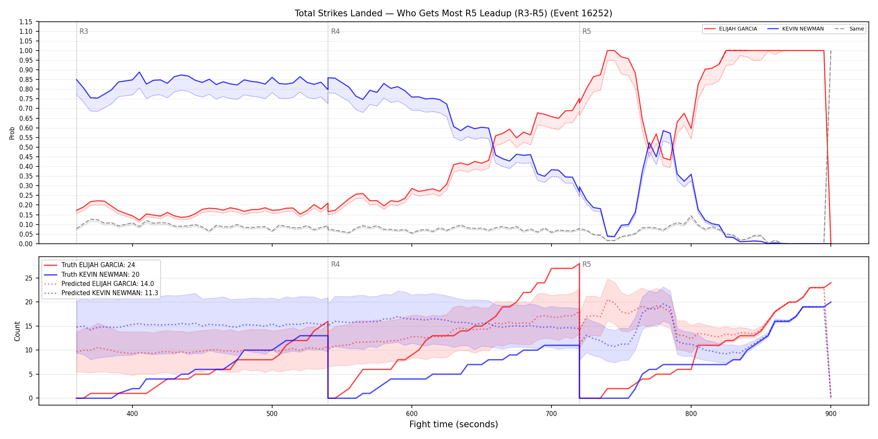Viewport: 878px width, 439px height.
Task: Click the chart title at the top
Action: point(453,13)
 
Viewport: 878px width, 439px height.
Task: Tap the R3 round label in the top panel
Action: point(84,31)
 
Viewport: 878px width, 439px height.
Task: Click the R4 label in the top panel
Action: point(335,31)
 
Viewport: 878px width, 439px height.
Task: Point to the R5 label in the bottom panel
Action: point(587,264)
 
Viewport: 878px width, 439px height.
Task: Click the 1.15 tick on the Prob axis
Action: point(26,22)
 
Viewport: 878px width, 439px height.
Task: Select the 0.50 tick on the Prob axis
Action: point(26,147)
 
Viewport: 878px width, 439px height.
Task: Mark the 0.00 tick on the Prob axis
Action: point(26,244)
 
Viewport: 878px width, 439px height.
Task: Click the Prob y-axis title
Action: point(12,133)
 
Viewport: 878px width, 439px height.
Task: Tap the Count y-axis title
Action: point(17,331)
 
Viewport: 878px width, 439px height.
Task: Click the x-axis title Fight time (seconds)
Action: point(454,424)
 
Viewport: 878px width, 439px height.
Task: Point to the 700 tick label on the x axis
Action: point(551,413)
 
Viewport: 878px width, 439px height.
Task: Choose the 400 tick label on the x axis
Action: point(133,413)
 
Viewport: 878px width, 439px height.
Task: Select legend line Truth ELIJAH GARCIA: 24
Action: point(98,265)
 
